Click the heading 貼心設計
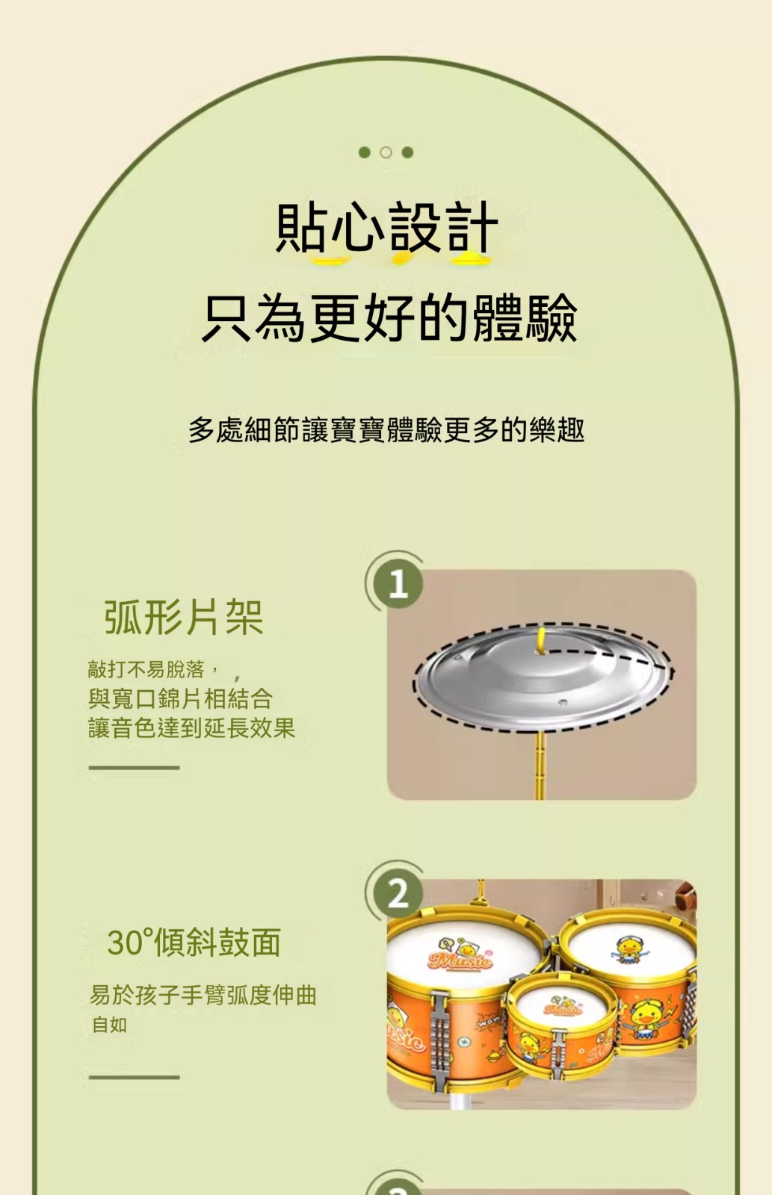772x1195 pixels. coord(386,228)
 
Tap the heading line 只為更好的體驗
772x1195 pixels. coord(389,318)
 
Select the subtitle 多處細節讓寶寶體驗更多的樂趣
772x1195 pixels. coord(386,430)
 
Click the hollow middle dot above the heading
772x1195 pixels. coord(386,152)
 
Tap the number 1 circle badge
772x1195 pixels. coord(398,584)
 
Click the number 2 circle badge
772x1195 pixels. coord(398,893)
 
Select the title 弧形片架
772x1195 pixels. coord(184,617)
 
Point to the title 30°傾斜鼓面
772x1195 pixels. coord(194,943)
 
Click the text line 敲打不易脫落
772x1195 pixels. coord(146,669)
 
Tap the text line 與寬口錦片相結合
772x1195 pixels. coord(180,698)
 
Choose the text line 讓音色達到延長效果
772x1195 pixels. coord(191,727)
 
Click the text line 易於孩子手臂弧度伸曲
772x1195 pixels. coord(203,995)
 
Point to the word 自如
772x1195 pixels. coord(109,1025)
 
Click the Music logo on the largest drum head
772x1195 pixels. coord(460,957)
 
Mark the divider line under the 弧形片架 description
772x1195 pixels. coord(134,768)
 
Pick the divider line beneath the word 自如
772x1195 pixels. coord(134,1077)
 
